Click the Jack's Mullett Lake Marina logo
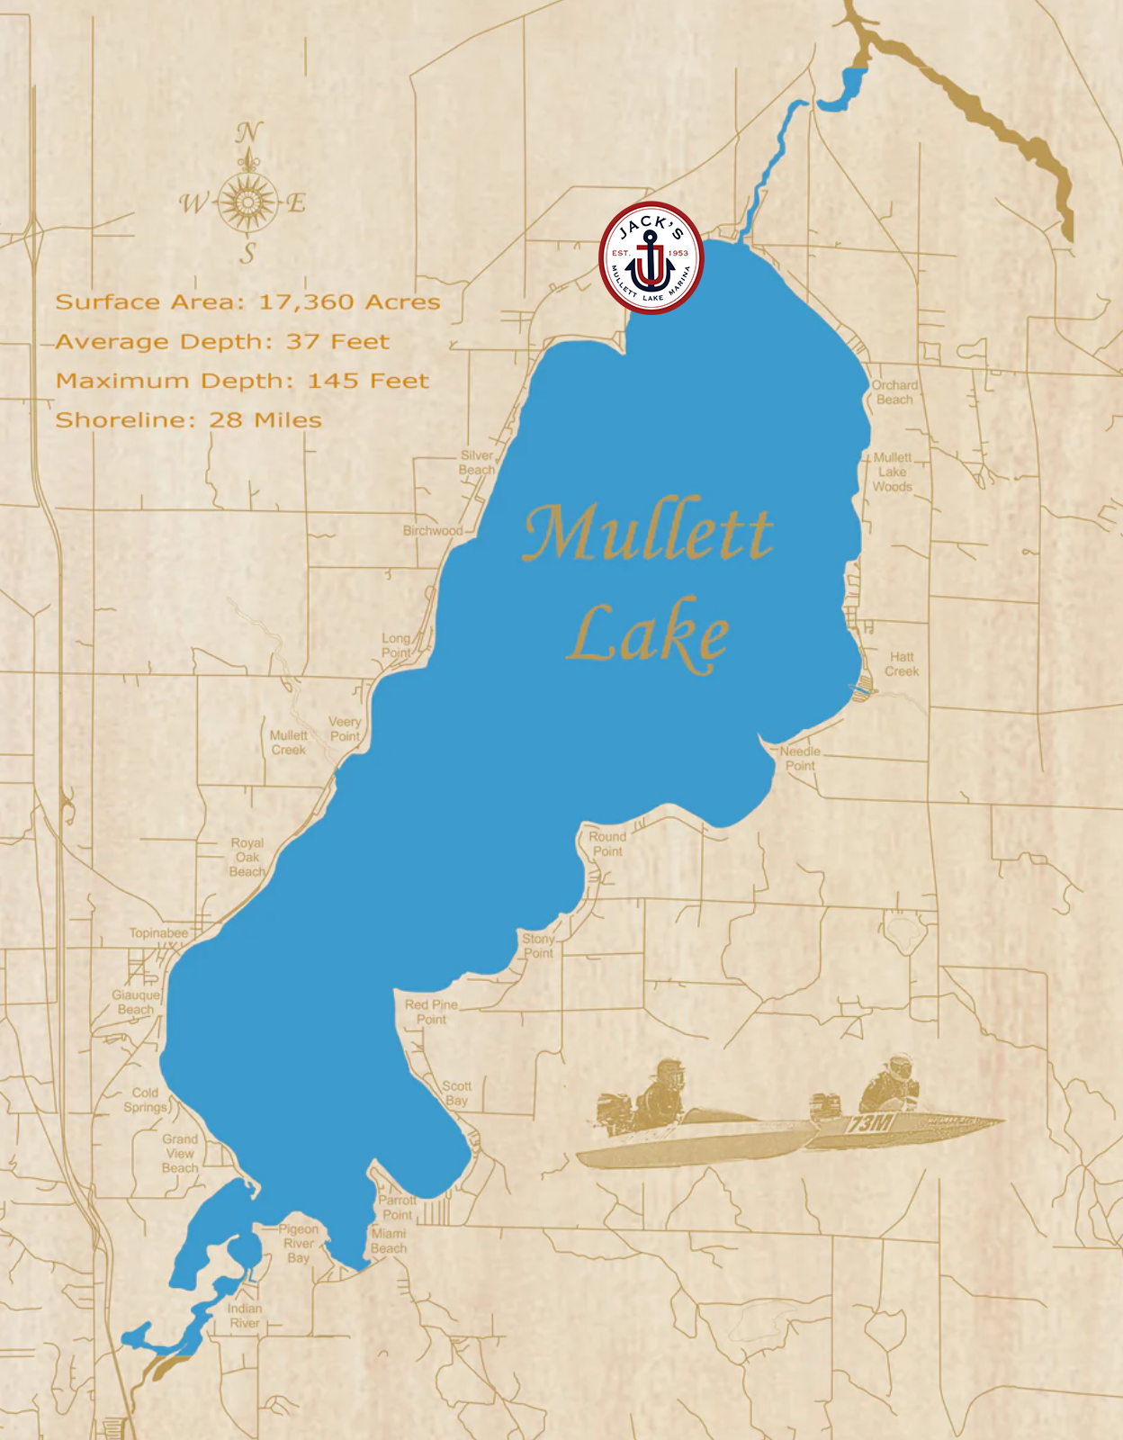651,258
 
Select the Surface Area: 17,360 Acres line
247,301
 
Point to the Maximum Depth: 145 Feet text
242,381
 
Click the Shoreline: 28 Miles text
188,419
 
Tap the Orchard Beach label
894,392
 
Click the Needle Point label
799,759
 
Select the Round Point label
607,843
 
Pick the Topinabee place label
158,932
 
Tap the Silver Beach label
477,463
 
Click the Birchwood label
432,530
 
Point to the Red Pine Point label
431,1012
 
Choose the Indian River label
244,1316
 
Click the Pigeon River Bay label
299,1243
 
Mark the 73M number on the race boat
869,1123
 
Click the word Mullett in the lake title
647,533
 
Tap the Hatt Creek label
902,664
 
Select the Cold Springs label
146,1100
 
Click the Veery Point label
345,729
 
